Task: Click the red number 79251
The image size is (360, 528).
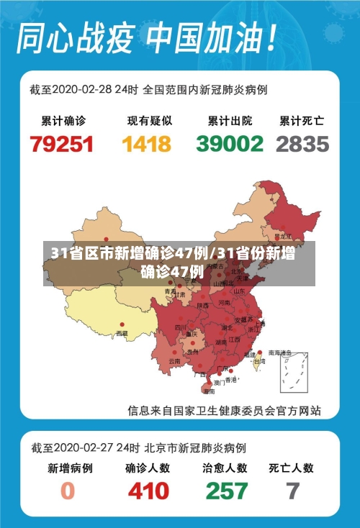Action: click(x=62, y=144)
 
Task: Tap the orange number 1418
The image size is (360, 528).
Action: click(x=147, y=144)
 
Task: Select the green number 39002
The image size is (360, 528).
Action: click(x=230, y=144)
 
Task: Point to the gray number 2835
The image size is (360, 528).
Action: click(x=302, y=144)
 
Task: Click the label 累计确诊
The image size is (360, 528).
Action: click(x=62, y=120)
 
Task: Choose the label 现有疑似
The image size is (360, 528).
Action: click(x=147, y=120)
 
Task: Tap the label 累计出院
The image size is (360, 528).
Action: click(x=230, y=120)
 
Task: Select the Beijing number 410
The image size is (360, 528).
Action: click(x=148, y=491)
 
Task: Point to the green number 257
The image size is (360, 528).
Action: click(x=226, y=491)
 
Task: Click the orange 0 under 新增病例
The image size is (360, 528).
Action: click(x=68, y=491)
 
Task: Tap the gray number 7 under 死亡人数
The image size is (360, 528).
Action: click(x=292, y=491)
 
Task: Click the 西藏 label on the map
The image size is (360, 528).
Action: click(x=122, y=334)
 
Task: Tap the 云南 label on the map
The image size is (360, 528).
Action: click(x=174, y=360)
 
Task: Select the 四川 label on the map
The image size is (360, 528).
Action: click(x=180, y=327)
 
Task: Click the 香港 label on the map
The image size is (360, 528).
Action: click(x=231, y=379)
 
